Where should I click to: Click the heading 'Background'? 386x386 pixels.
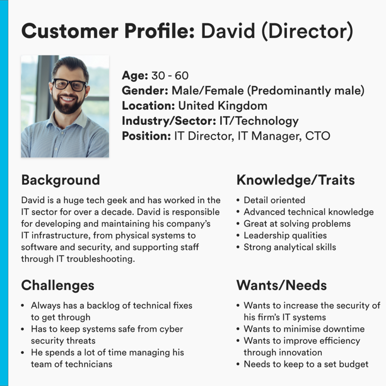61,180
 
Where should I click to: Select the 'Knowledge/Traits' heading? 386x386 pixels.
296,180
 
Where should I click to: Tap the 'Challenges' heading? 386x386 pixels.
58,286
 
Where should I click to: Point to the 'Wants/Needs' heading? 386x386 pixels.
282,285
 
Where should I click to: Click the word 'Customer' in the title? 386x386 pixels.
70,31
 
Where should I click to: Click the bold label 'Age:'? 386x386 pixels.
135,76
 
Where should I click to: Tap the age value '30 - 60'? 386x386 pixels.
170,76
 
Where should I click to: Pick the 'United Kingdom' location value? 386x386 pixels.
223,106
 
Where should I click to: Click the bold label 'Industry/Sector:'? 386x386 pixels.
169,121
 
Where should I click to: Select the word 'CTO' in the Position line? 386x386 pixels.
317,136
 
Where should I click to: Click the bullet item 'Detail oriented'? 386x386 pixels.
274,200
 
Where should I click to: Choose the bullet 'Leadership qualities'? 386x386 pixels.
285,236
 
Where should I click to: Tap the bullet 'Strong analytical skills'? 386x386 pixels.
290,247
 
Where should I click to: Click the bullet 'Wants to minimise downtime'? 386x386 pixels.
304,329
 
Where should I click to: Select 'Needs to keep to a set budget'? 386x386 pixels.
306,365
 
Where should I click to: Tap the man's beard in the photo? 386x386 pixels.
68,105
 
